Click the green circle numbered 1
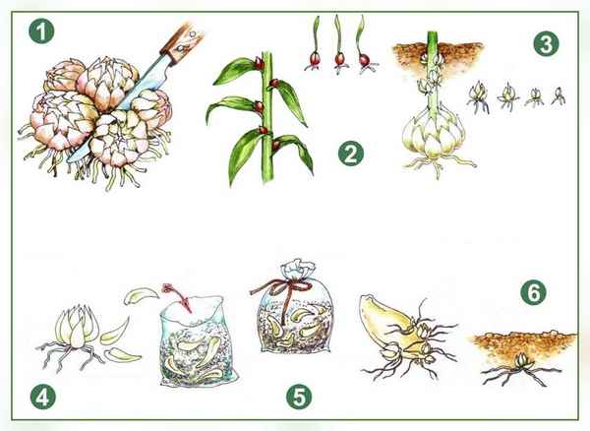coord(41,31)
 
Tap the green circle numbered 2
coord(351,154)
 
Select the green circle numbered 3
coord(546,43)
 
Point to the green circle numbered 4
coord(43,397)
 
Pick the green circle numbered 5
coord(299,397)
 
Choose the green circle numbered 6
coord(534,292)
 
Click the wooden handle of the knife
coord(182,42)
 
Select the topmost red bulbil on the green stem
coord(259,63)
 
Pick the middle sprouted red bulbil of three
coord(339,59)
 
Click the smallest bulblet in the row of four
coord(559,96)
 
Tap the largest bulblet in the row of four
coord(478,96)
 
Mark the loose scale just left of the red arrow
coord(141,294)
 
